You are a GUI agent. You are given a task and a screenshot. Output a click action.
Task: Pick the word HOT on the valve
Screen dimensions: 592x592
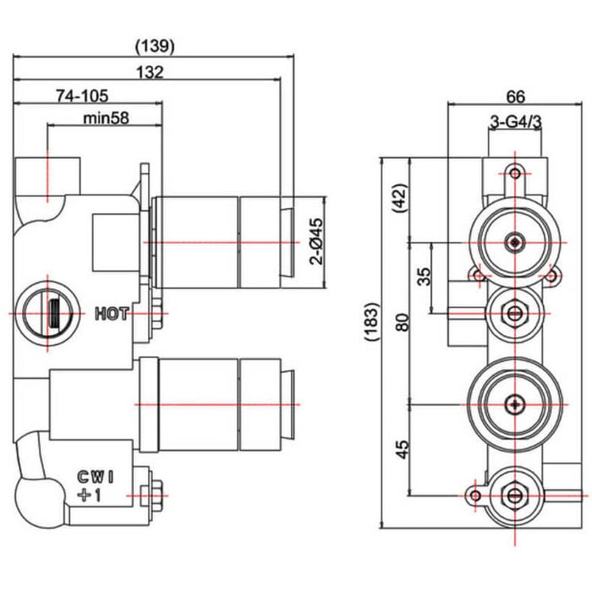coord(112,315)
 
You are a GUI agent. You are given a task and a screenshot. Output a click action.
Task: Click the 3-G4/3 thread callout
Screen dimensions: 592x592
coord(516,123)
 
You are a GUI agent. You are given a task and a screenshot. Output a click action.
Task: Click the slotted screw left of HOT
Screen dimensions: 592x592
coord(48,314)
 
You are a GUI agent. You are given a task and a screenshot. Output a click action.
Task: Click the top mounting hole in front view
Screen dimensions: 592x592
coord(513,173)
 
